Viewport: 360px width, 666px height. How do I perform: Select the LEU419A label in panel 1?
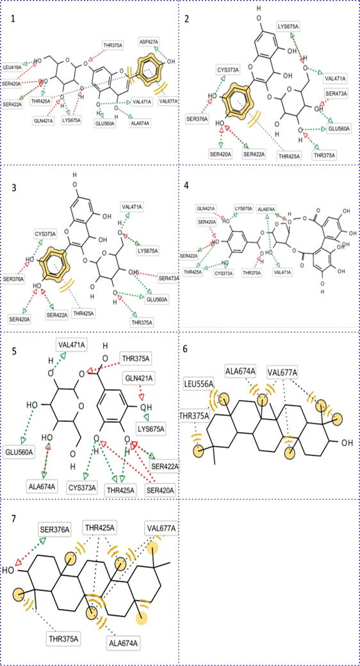point(12,67)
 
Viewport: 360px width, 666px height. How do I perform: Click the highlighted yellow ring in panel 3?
point(54,263)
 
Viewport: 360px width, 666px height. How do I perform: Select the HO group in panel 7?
point(9,569)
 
